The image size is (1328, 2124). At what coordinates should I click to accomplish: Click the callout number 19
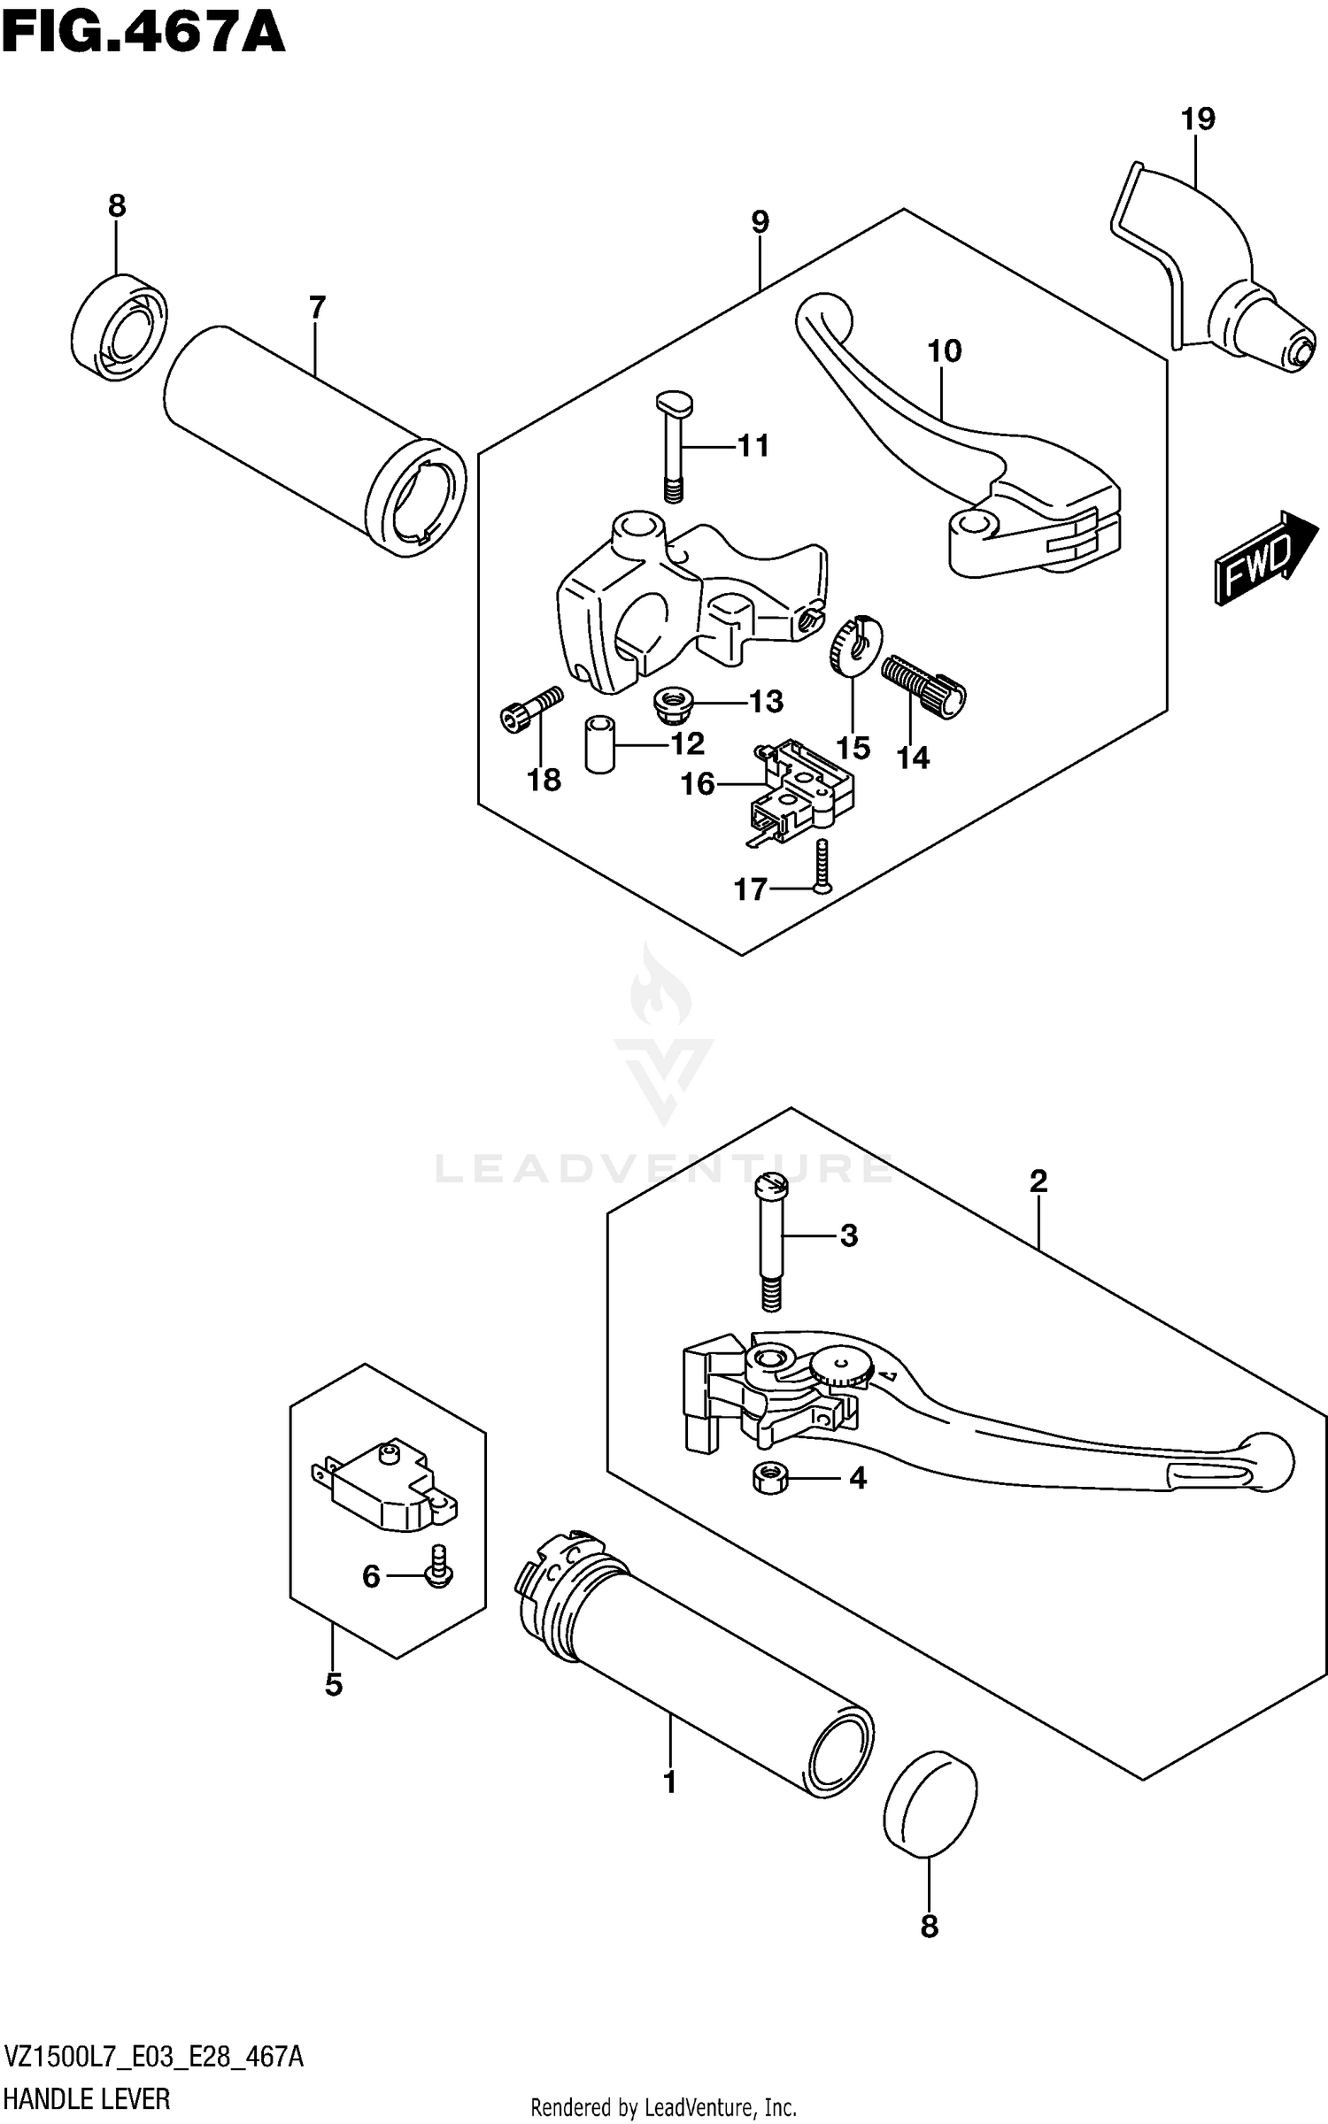[1198, 119]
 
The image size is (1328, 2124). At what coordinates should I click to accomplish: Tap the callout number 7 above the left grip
[317, 308]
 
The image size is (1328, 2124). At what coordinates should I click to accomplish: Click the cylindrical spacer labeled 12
[599, 745]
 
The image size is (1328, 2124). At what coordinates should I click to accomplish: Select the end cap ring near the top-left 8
[119, 327]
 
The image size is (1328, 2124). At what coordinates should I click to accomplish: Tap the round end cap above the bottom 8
[930, 1801]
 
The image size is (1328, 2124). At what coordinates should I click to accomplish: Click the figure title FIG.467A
[143, 34]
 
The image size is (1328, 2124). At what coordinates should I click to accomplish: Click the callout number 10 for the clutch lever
[944, 351]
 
